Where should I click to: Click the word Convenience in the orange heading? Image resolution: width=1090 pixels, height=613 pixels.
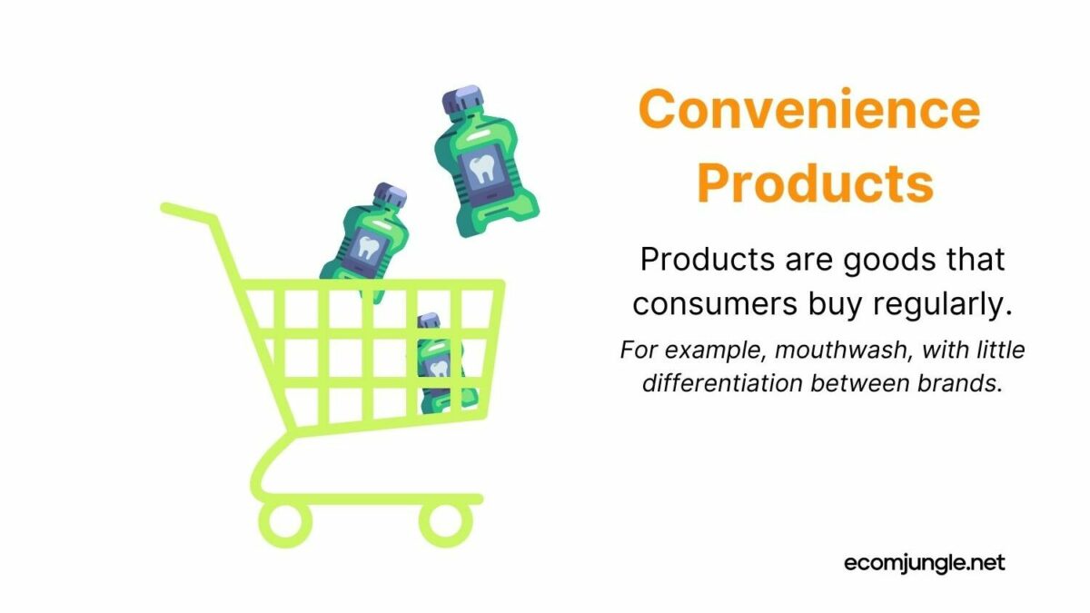click(808, 111)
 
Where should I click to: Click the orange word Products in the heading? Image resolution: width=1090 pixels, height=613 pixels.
click(815, 183)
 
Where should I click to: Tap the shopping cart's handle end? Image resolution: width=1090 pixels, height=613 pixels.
click(167, 208)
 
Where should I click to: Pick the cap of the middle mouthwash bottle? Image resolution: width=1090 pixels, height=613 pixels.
click(391, 195)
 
